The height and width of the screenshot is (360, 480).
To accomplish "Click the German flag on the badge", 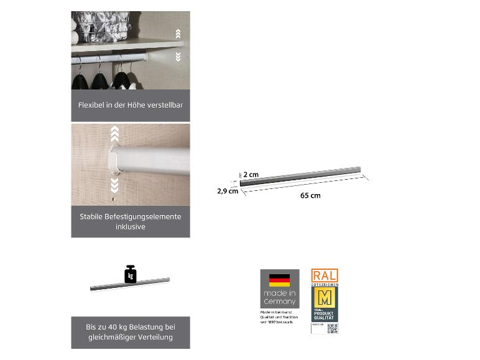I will (279, 280).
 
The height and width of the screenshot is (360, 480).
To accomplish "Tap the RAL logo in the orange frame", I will (325, 275).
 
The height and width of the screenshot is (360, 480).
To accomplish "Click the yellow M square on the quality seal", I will (325, 296).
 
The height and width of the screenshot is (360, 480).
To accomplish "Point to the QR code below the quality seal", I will (332, 328).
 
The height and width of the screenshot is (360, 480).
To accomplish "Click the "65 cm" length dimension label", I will (310, 196).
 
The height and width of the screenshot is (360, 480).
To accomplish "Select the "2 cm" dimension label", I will (251, 175).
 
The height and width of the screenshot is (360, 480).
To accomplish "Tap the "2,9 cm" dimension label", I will (228, 191).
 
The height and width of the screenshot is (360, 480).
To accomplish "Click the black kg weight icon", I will (130, 274).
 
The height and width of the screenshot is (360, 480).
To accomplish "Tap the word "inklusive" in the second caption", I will (130, 227).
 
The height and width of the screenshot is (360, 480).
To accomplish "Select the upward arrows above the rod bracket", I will (114, 132).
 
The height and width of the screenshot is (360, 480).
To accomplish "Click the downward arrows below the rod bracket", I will (114, 185).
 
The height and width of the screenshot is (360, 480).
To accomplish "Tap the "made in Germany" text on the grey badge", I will (279, 297).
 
